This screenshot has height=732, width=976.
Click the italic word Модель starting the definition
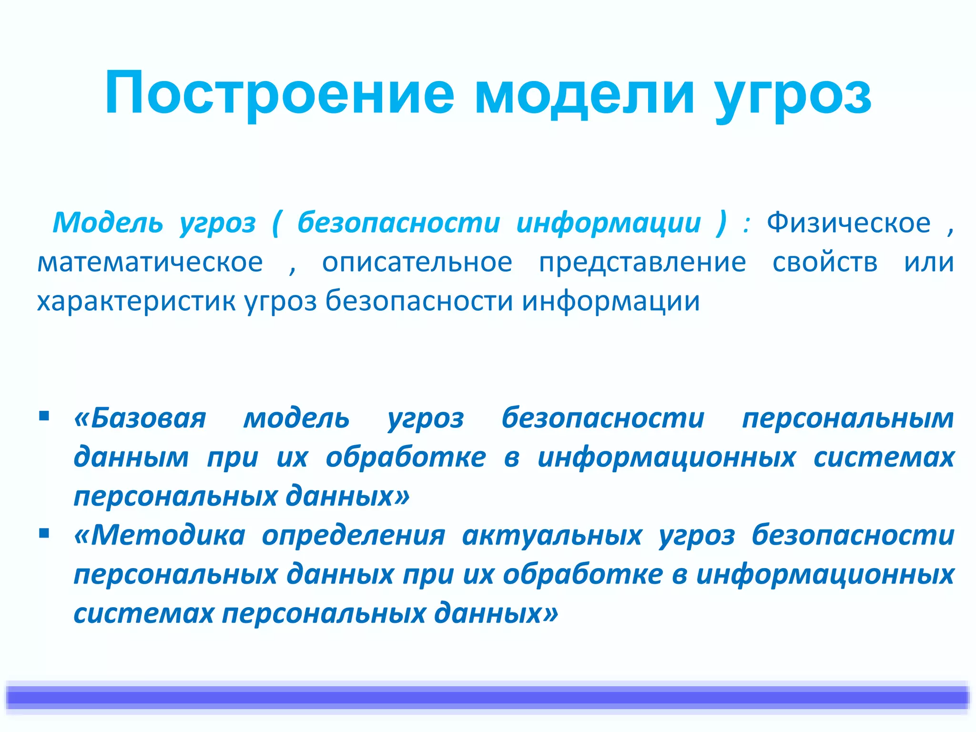(108, 223)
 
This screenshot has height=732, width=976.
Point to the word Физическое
(848, 223)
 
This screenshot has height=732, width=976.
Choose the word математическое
(150, 262)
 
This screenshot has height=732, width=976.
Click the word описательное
(417, 262)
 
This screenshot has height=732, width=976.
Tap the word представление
(642, 263)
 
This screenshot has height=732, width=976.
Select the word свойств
(825, 262)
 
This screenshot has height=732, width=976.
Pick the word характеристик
(136, 301)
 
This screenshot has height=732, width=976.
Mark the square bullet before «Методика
(44, 534)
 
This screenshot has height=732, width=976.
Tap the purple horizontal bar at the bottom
(488, 698)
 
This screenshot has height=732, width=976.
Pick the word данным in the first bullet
(132, 457)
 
